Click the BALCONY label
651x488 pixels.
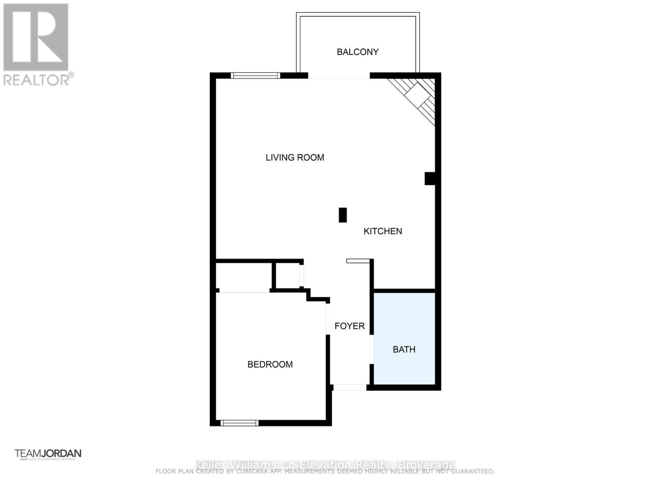point(358,52)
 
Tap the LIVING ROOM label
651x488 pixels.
point(295,157)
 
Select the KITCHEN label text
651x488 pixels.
point(382,231)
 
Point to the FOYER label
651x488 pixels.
point(350,326)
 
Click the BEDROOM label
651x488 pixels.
point(270,364)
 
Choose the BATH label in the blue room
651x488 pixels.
point(404,349)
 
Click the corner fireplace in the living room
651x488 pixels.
point(417,98)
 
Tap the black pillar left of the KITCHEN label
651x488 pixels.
point(343,215)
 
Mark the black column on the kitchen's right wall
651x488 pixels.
point(430,179)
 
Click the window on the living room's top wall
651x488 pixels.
point(256,75)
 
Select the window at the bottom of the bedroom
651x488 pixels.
point(239,423)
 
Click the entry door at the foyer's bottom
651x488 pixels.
point(350,388)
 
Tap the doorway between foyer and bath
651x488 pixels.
point(371,349)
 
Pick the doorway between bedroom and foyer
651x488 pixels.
point(327,319)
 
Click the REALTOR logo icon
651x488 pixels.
point(36,37)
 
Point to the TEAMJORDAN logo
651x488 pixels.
point(48,453)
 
